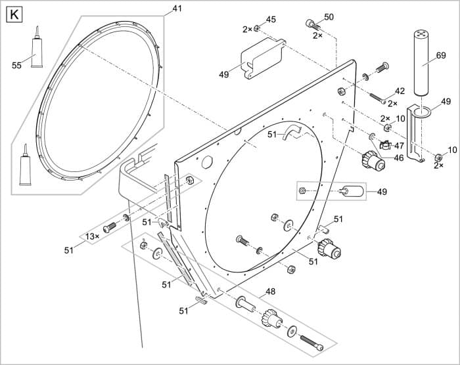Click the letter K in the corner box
[x=13, y=13]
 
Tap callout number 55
[x=16, y=64]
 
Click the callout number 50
[x=329, y=16]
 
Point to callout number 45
[x=271, y=19]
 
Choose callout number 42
[x=400, y=91]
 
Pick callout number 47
[x=399, y=146]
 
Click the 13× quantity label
[x=93, y=236]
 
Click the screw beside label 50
[x=311, y=26]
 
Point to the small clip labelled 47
[x=385, y=144]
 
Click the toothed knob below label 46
[x=372, y=160]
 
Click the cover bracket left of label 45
[x=261, y=58]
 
